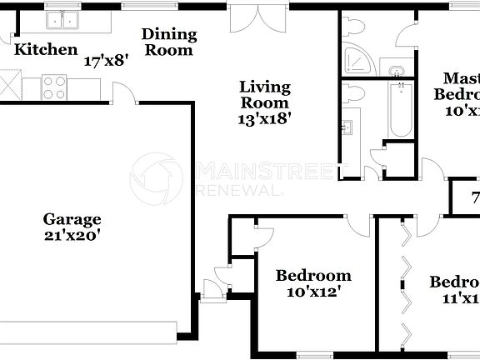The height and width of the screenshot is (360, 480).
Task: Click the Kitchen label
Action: [x=46, y=50]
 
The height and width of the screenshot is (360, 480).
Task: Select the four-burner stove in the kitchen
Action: [x=54, y=84]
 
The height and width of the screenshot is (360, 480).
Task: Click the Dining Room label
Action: [x=169, y=42]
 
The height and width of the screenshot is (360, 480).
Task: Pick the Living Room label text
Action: [x=264, y=94]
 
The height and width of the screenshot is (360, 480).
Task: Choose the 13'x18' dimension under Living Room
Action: [x=264, y=119]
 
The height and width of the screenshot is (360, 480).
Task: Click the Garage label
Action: [x=72, y=219]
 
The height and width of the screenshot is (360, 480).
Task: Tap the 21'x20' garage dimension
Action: [x=72, y=236]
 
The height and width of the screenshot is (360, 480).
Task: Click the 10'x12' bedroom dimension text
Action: [x=312, y=292]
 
